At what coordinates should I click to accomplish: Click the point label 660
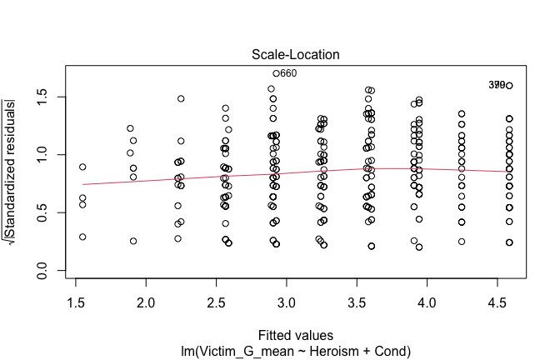click(x=288, y=73)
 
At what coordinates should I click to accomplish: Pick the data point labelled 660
click(x=276, y=73)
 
